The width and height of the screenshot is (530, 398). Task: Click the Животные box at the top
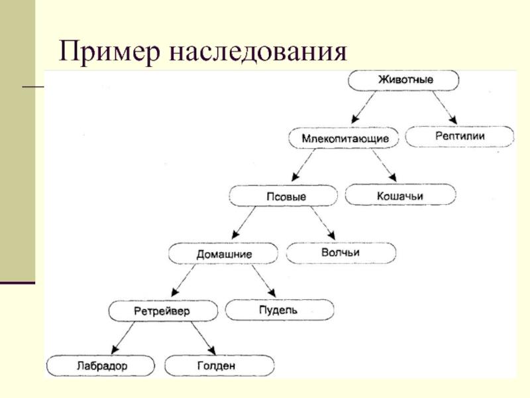coord(405,80)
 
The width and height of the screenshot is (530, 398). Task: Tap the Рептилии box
coord(460,137)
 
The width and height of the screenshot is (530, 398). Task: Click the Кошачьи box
coord(400,195)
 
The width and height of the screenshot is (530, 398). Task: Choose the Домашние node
coord(224,253)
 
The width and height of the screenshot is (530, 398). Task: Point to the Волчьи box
coord(341,253)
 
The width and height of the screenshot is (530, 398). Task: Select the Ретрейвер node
coord(164,310)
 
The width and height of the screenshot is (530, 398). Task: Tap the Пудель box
coord(280,309)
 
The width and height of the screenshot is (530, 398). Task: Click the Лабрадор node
coord(101,365)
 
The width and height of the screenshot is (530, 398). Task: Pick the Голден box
coord(218,365)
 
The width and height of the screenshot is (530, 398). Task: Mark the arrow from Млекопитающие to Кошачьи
coord(384,166)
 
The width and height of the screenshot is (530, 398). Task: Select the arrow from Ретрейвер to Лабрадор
coord(126,338)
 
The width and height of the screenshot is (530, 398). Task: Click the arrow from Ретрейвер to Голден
coord(203,338)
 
